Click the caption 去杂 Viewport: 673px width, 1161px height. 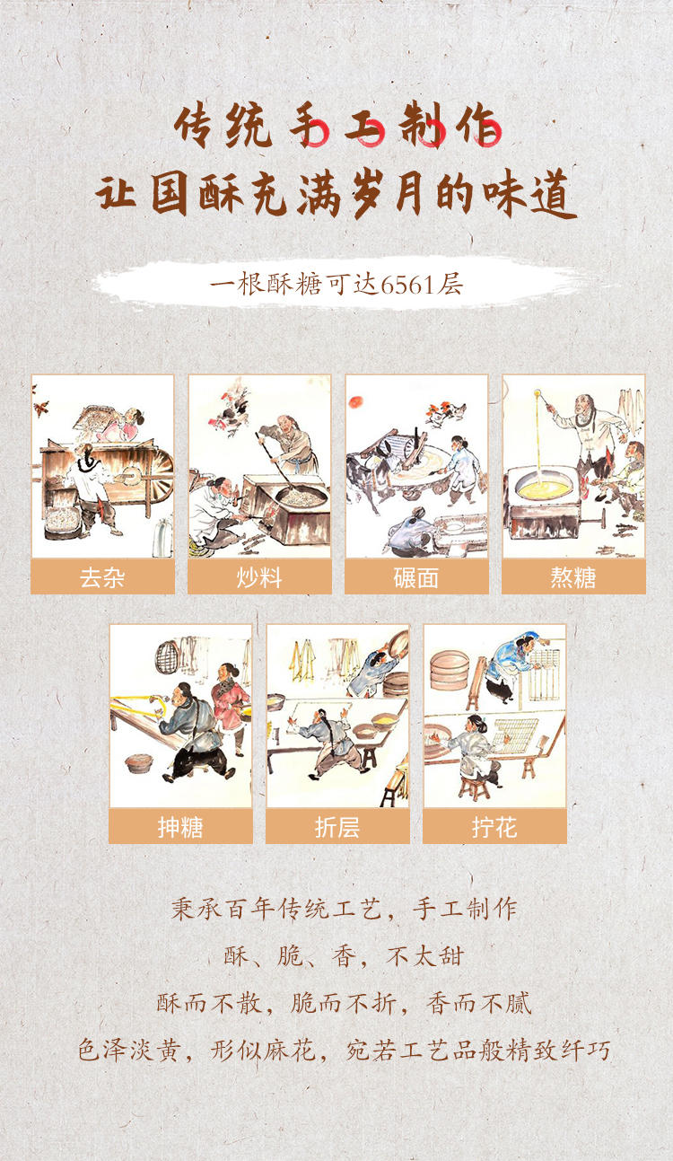point(102,577)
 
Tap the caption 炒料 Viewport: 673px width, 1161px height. point(259,577)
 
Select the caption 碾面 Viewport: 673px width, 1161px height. point(416,577)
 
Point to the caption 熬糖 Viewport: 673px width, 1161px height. point(573,577)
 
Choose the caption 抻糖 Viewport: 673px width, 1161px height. point(181,827)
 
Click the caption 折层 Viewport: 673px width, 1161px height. point(337,827)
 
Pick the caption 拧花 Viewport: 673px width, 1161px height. point(494,827)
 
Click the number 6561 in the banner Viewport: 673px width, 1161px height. point(406,285)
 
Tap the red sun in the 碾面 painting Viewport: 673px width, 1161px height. point(356,401)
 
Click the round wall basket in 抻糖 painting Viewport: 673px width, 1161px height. point(167,656)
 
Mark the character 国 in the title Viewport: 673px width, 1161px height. point(169,196)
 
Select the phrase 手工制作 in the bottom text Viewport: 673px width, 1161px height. point(465,909)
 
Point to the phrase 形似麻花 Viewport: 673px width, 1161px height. point(263,1050)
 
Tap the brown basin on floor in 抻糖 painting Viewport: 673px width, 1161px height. point(139,763)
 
